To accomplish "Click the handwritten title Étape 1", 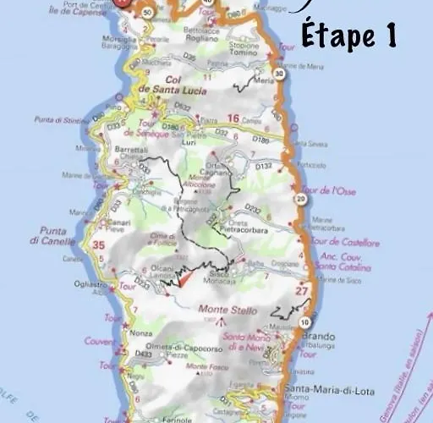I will pos(348,36).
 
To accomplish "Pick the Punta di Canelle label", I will pos(58,235).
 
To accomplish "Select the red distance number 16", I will pos(233,118).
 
